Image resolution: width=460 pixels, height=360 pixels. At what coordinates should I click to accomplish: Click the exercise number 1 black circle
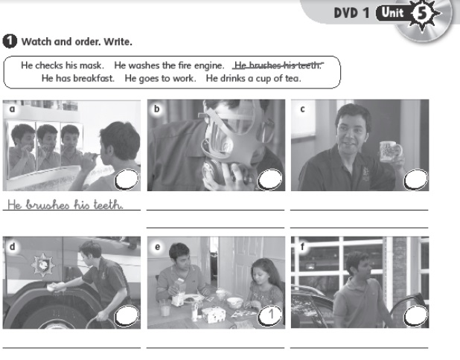[10, 42]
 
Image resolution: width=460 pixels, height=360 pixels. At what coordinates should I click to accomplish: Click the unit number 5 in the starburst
[421, 13]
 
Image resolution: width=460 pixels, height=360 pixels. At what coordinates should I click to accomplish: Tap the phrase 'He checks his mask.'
[63, 65]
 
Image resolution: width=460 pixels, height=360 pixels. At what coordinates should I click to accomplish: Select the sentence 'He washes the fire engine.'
[169, 65]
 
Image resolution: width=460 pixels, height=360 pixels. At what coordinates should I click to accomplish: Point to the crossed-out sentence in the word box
[278, 65]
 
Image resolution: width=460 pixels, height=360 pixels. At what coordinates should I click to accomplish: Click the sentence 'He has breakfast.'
[77, 79]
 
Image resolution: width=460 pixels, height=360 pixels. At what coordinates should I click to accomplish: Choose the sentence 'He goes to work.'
[160, 79]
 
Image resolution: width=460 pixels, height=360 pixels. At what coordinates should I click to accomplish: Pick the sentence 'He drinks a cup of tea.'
[253, 79]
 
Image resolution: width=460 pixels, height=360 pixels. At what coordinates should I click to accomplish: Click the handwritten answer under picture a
[65, 205]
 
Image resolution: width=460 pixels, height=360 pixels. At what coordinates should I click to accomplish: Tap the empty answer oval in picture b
[269, 179]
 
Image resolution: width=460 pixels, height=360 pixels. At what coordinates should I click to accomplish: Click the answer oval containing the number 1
[269, 315]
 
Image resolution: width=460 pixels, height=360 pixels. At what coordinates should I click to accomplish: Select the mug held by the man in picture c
[391, 151]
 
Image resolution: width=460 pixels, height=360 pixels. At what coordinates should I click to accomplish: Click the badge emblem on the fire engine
[43, 265]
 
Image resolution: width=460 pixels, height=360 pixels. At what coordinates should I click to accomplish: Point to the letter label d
[12, 246]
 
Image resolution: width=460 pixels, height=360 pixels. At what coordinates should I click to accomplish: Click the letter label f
[302, 246]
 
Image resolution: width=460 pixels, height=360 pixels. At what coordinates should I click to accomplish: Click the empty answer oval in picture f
[415, 315]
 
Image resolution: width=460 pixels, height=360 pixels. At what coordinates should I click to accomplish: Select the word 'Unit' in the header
[392, 13]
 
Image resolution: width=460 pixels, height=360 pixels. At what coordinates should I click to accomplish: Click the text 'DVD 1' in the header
[351, 13]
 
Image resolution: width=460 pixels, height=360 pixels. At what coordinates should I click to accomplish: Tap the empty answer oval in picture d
[127, 315]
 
